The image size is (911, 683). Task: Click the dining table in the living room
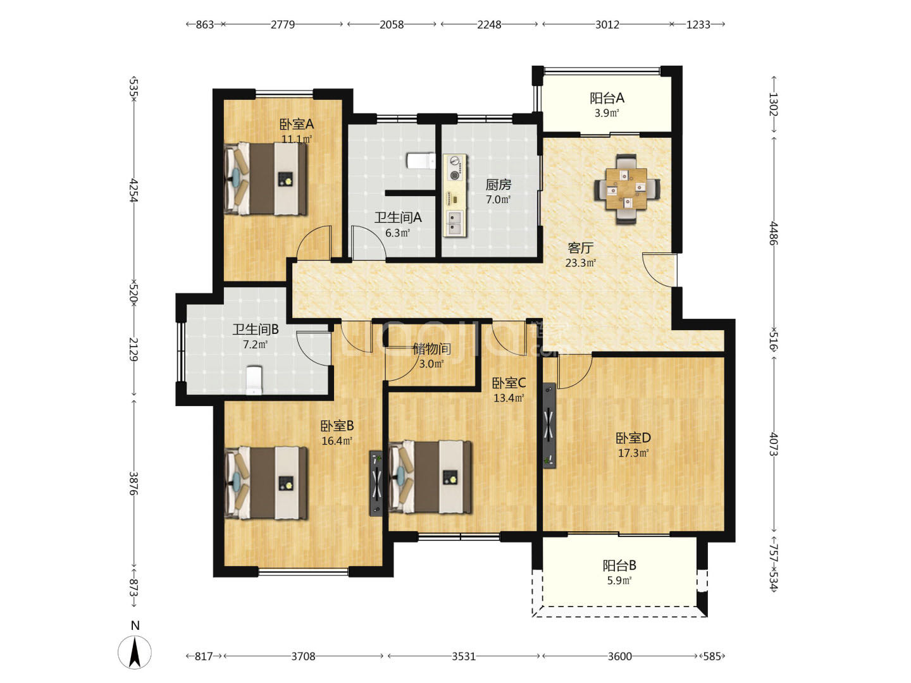pyautogui.click(x=626, y=189)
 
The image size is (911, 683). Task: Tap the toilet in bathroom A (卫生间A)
pyautogui.click(x=421, y=161)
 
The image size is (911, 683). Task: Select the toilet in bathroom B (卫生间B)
pyautogui.click(x=254, y=380)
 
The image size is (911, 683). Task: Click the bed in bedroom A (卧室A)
pyautogui.click(x=266, y=179)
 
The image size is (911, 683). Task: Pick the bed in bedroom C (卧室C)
pyautogui.click(x=430, y=477)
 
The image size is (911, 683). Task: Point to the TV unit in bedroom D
pyautogui.click(x=549, y=426)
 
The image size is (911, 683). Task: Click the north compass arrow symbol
pyautogui.click(x=135, y=652)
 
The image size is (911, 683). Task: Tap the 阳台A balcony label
pyautogui.click(x=607, y=98)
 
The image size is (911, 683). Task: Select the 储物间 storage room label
pyautogui.click(x=431, y=348)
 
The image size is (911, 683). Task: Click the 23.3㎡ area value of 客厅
pyautogui.click(x=581, y=263)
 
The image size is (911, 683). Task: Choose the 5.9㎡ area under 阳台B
pyautogui.click(x=619, y=581)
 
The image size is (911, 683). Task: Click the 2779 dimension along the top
pyautogui.click(x=283, y=25)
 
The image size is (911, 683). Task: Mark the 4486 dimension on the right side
pyautogui.click(x=774, y=233)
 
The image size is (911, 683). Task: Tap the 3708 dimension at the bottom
pyautogui.click(x=303, y=656)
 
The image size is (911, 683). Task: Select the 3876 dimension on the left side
pyautogui.click(x=133, y=483)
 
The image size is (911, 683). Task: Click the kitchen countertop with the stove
pyautogui.click(x=455, y=196)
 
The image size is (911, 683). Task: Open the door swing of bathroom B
pyautogui.click(x=314, y=348)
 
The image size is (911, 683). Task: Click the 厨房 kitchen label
pyautogui.click(x=498, y=185)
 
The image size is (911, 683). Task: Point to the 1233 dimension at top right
pyautogui.click(x=698, y=25)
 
